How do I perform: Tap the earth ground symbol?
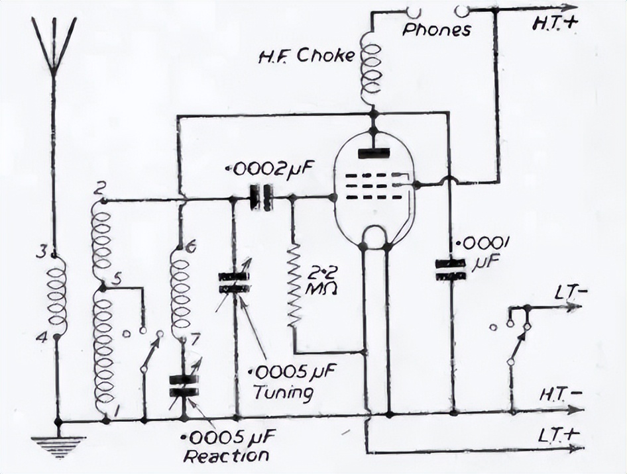(x=58, y=446)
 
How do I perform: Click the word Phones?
(x=437, y=30)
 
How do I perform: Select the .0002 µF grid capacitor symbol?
(x=261, y=197)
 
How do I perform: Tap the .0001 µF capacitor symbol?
(x=450, y=269)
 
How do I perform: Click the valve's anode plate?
(x=374, y=154)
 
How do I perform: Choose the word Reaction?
(x=226, y=455)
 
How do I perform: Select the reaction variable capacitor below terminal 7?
(x=184, y=385)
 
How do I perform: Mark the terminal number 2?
(x=99, y=188)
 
